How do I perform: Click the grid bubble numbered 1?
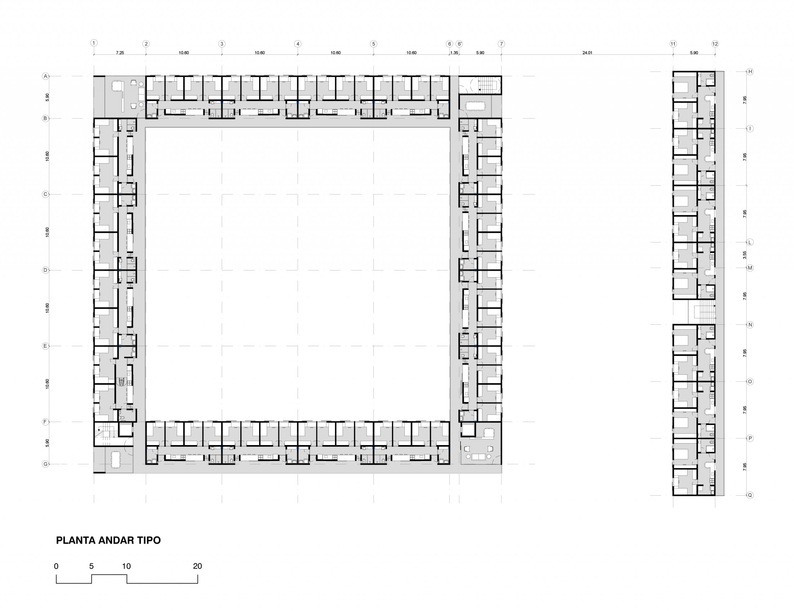[x=94, y=43]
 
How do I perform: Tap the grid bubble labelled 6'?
[x=460, y=44]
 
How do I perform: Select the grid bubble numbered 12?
[x=715, y=44]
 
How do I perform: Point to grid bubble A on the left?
[x=46, y=76]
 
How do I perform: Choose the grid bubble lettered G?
[x=46, y=464]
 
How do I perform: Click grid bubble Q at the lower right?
[x=750, y=495]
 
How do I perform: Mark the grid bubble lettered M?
[x=750, y=268]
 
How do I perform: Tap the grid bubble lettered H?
[x=750, y=72]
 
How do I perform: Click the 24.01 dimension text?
[x=587, y=53]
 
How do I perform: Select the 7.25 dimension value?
[x=120, y=53]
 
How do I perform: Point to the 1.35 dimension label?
[x=454, y=53]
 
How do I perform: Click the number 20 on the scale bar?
[x=197, y=566]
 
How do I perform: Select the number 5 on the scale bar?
[x=91, y=566]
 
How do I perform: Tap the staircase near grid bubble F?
[x=106, y=434]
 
